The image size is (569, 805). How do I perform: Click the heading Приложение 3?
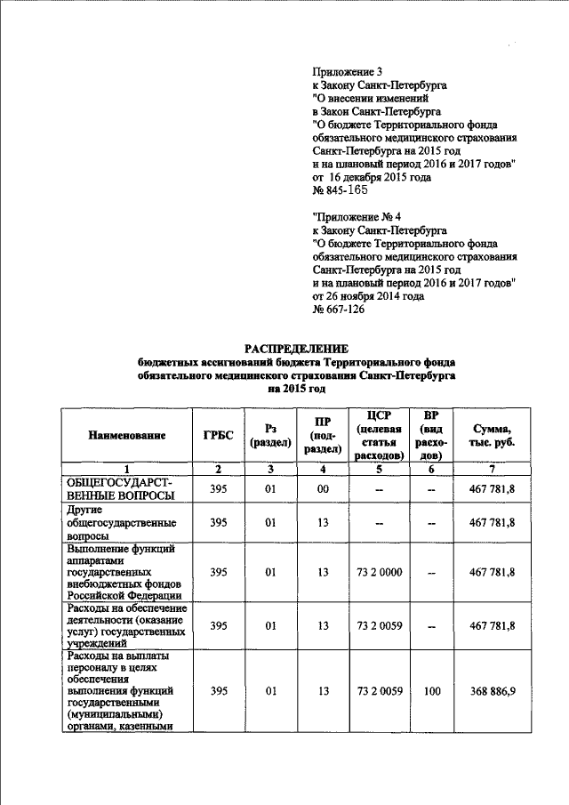click(349, 71)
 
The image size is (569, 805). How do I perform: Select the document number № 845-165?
click(341, 191)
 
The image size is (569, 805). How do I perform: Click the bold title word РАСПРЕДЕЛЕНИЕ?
click(297, 349)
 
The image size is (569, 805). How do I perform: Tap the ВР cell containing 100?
click(433, 689)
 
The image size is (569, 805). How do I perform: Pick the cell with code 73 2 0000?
click(379, 572)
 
